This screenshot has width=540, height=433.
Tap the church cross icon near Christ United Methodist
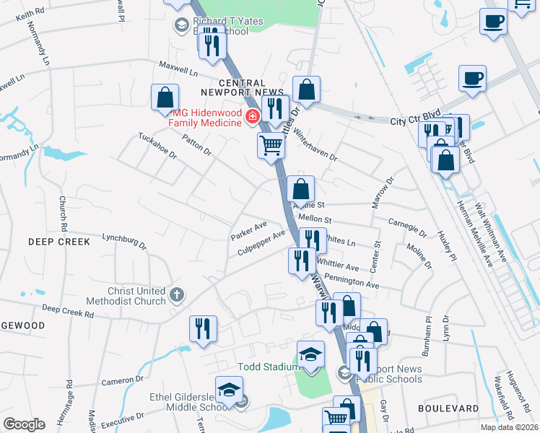[178, 294]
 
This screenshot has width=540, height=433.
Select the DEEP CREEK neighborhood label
[60, 242]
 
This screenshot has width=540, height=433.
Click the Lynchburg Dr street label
[124, 241]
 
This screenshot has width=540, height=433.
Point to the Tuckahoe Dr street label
[157, 146]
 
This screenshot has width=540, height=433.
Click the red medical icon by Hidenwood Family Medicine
[252, 117]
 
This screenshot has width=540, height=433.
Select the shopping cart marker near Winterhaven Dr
[271, 145]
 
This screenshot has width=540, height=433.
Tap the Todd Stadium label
[268, 367]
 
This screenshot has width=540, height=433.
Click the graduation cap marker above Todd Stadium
[310, 354]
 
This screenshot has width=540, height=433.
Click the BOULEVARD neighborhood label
[448, 408]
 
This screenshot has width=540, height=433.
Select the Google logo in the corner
[23, 424]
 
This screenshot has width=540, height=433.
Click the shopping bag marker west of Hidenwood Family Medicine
[165, 97]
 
